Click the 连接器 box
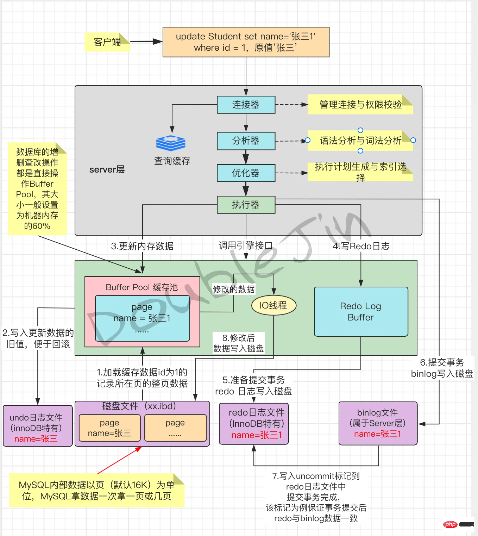246,105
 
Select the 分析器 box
246,141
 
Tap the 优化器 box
246,173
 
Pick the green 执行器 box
246,205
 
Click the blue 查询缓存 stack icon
171,143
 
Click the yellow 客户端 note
107,42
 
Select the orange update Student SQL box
246,42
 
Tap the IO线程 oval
273,305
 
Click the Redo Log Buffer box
361,312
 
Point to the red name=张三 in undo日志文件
36,439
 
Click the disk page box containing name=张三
109,428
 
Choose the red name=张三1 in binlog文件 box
377,434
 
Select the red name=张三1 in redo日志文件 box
257,435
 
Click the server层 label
107,170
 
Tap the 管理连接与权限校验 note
360,105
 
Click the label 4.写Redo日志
361,246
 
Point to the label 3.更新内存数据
142,246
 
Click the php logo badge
450,524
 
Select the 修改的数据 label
234,289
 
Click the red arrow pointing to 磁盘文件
120,460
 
